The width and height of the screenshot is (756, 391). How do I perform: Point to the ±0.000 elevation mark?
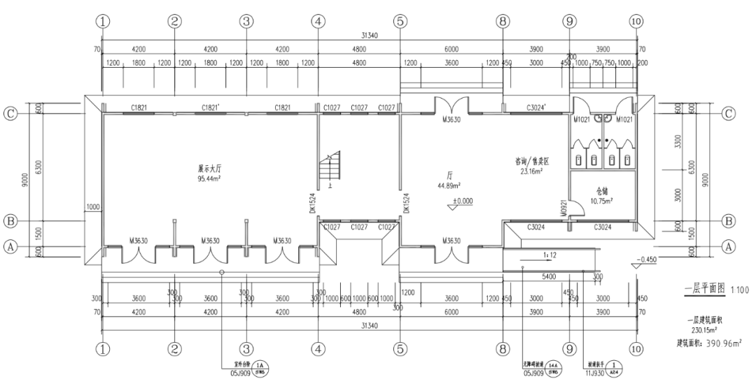click(x=461, y=201)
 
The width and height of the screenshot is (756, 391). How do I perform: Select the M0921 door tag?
click(x=564, y=207)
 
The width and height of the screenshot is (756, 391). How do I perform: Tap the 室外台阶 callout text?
click(x=241, y=364)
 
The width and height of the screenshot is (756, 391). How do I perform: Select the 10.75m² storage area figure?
click(x=602, y=200)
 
